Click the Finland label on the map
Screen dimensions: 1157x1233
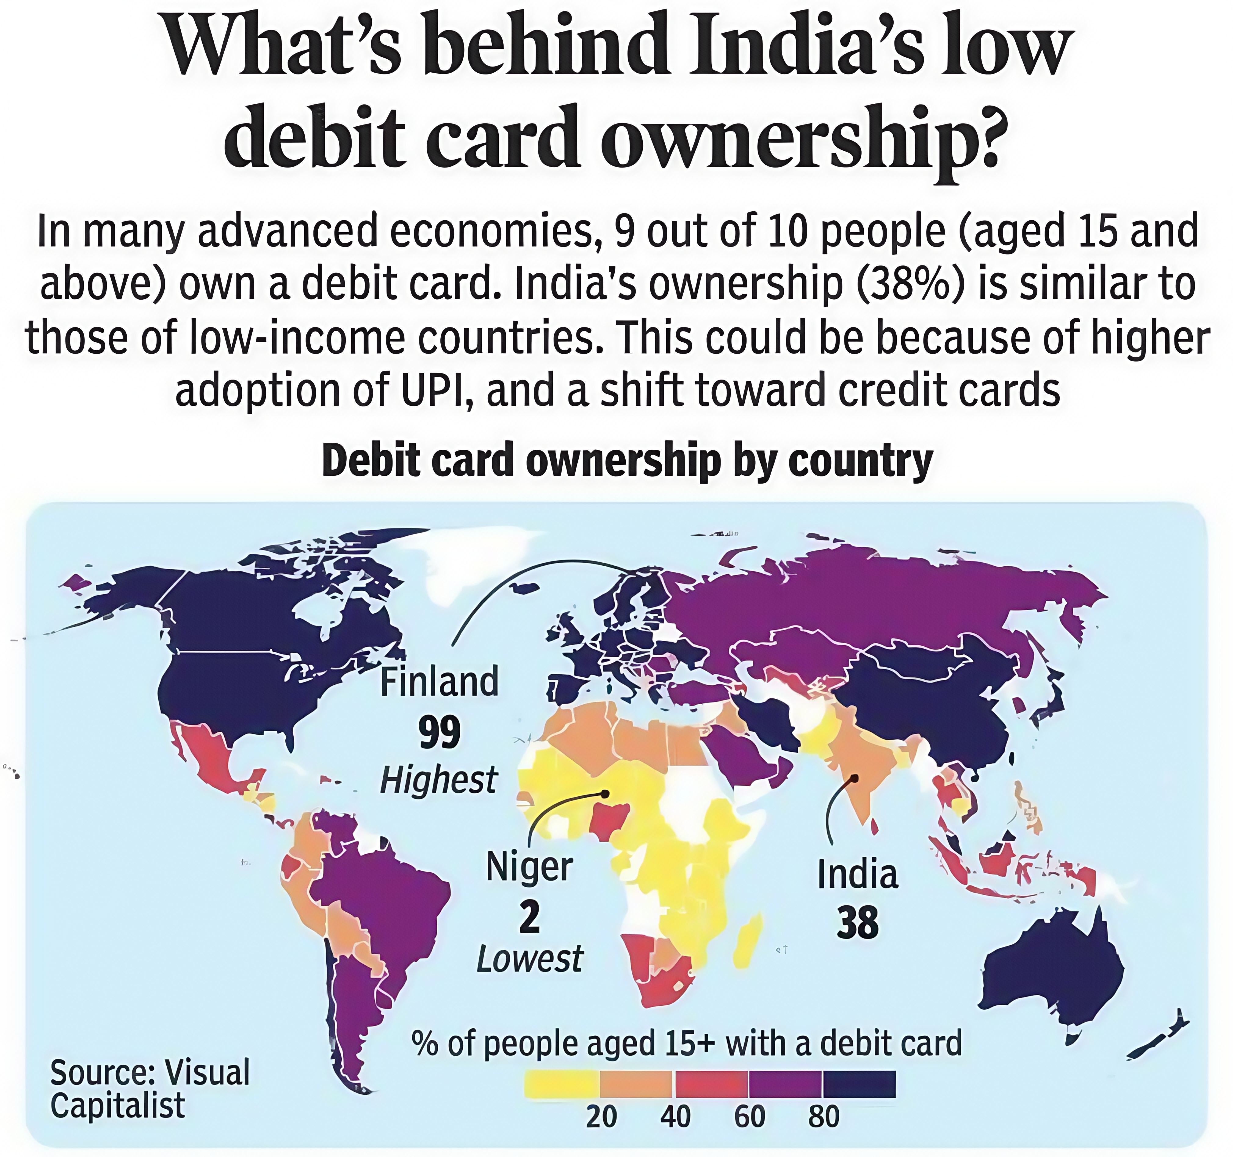click(439, 682)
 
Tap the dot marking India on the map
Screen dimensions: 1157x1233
click(854, 777)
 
